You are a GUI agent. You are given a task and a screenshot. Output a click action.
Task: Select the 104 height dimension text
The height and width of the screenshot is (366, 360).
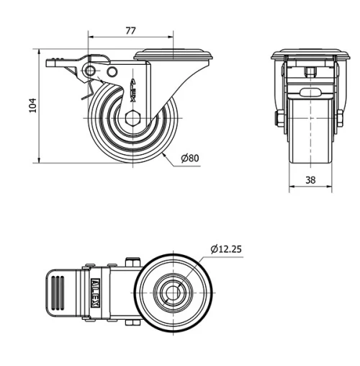32,107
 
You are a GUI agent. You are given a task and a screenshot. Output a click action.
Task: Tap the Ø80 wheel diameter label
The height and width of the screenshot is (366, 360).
189,158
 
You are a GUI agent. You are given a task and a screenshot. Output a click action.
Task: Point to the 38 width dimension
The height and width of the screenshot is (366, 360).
310,182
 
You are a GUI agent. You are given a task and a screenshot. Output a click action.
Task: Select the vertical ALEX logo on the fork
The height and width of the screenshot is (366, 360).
135,90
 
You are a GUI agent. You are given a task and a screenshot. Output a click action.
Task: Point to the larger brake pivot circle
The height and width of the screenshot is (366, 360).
90,69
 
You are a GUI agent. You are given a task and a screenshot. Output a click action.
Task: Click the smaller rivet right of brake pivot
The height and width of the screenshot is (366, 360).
112,73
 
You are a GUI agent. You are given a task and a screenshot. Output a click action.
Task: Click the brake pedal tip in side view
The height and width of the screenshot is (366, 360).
49,63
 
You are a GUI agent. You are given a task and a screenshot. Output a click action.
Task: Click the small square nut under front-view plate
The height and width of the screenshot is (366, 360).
310,71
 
